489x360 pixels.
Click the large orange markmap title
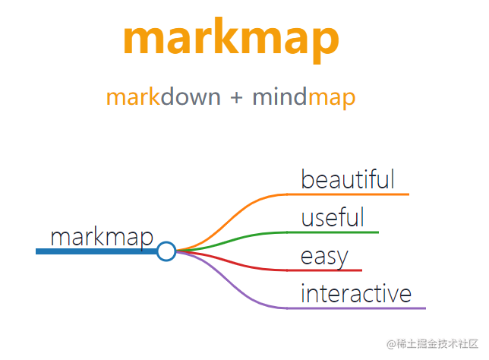click(x=230, y=38)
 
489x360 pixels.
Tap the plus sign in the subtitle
click(x=236, y=97)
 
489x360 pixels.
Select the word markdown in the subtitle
click(x=163, y=97)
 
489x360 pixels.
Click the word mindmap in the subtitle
click(x=304, y=97)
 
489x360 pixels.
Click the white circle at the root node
click(x=166, y=251)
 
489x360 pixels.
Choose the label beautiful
click(x=348, y=180)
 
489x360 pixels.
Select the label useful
click(x=333, y=218)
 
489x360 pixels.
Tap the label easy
click(x=324, y=257)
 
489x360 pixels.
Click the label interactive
click(x=356, y=293)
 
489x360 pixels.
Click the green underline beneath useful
click(x=334, y=232)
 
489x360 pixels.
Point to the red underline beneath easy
click(x=327, y=270)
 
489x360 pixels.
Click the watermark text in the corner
click(x=432, y=345)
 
